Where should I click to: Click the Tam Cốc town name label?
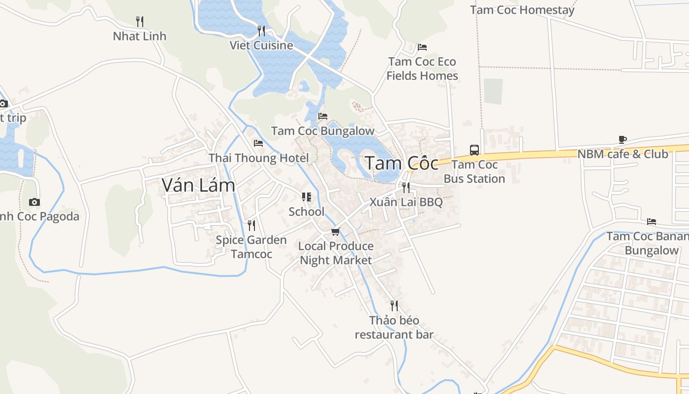[401, 164]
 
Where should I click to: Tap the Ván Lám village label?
[198, 185]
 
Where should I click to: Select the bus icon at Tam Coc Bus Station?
[474, 150]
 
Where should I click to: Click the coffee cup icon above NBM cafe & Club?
[623, 140]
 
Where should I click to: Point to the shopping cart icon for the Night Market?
[336, 231]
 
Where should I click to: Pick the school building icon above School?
[307, 197]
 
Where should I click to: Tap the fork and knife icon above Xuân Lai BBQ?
[406, 188]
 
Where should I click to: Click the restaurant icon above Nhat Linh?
[140, 22]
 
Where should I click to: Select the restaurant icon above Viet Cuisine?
[261, 31]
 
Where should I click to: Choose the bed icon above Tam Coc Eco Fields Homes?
[422, 47]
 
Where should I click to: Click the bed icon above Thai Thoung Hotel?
[258, 143]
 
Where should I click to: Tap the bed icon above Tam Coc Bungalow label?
[323, 116]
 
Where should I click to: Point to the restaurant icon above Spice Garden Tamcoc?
[251, 226]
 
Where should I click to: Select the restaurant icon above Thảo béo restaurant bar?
[394, 306]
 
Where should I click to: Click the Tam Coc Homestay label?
[522, 10]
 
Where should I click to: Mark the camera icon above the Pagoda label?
[34, 202]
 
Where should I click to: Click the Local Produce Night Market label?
[336, 253]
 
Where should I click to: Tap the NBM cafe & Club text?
[623, 154]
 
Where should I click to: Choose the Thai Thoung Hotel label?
[259, 158]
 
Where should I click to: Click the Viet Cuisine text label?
[261, 46]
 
